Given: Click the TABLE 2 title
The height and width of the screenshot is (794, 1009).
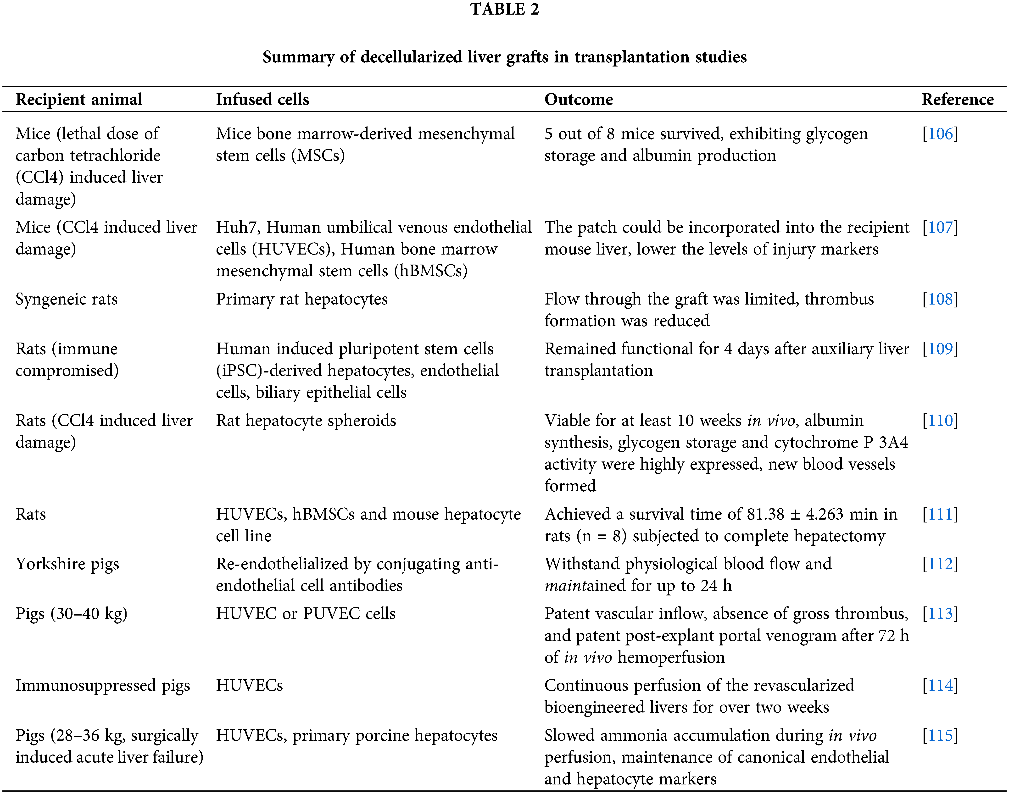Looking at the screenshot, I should click(504, 9).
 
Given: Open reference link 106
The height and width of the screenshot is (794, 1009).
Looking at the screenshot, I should click(940, 134).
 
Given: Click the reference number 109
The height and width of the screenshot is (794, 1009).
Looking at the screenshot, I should click(940, 349).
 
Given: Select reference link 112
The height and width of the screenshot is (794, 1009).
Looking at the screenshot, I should click(940, 564).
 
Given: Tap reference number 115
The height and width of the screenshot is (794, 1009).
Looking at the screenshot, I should click(940, 735).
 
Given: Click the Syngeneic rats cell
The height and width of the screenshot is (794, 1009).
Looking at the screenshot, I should click(67, 299).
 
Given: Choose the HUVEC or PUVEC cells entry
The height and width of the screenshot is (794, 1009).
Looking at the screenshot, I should click(306, 614).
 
